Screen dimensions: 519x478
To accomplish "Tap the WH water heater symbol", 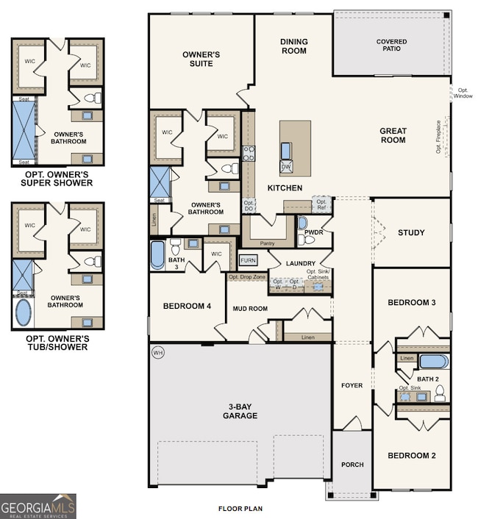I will pos(157,354).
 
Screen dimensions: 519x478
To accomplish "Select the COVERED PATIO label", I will pos(391,46).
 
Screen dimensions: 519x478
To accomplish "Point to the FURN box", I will pos(248,261).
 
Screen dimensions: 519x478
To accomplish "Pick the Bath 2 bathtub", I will pos(433,361).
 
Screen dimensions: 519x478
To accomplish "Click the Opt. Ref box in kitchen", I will pos(321,203).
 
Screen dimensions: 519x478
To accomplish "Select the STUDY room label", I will pos(411,233).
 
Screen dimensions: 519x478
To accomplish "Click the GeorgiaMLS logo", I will pos(38,506).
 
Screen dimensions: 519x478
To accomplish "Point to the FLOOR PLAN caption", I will pos(240,508).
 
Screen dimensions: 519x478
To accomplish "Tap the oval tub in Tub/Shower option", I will pos(24,312).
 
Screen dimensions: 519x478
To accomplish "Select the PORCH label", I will pos(352,465).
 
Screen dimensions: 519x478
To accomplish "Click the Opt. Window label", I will pos(463,93).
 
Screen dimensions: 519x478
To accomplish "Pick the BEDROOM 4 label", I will pos(182,306).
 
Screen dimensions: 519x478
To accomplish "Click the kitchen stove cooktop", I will pos(249,153).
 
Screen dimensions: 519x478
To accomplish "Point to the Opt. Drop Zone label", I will pos(246,277).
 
